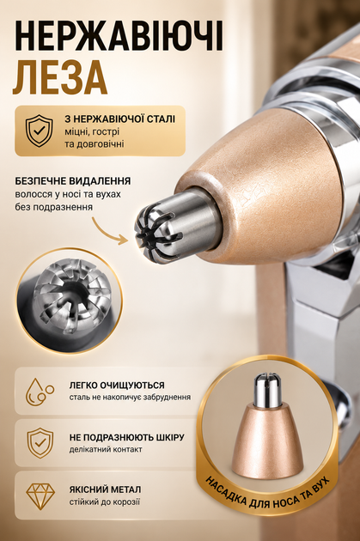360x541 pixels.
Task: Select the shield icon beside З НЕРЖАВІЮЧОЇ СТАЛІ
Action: pos(40,131)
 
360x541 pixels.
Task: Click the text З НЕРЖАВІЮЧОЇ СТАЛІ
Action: pos(119,119)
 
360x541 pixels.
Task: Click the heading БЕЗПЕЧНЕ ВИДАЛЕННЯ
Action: pos(73,181)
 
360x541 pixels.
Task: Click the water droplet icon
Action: pos(40,392)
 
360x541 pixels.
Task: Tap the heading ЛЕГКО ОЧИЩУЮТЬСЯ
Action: pos(117,385)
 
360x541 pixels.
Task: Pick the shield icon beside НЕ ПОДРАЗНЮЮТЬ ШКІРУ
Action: pos(40,442)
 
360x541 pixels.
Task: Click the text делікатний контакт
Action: pos(106,450)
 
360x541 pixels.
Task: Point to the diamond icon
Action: pos(40,496)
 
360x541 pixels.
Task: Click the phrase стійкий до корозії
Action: pos(105,501)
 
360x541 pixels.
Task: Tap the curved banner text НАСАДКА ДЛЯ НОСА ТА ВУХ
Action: pos(267,494)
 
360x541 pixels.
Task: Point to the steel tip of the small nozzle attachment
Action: pos(267,389)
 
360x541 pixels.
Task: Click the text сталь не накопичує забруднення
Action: pos(130,397)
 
